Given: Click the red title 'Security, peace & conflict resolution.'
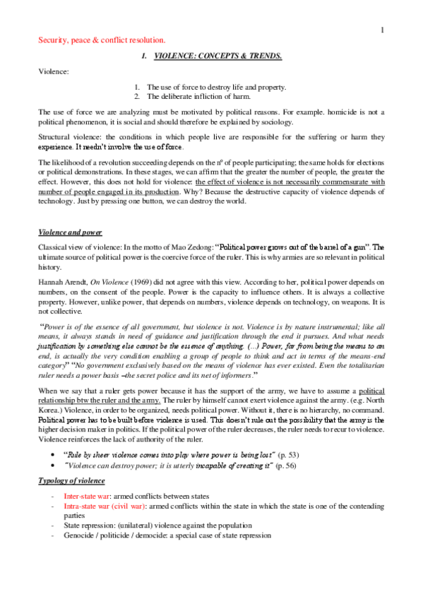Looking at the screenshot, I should [x=102, y=40].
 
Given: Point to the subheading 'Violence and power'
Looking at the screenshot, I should [x=70, y=232].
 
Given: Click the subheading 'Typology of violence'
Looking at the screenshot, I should [x=71, y=481].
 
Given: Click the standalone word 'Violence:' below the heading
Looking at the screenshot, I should [x=53, y=71].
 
